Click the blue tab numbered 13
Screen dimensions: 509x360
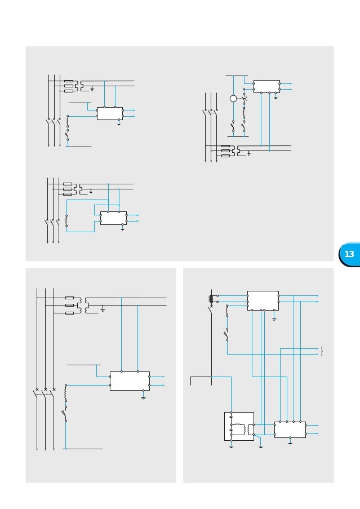[x=349, y=254]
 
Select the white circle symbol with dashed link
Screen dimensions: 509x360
[x=233, y=99]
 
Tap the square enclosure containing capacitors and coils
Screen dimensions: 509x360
[x=239, y=426]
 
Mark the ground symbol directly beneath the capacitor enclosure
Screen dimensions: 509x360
[x=232, y=446]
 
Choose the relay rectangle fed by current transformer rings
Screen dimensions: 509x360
[x=263, y=300]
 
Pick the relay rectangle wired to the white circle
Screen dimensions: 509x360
[x=266, y=86]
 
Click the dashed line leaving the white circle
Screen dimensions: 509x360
[x=240, y=99]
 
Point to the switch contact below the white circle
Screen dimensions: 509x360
[x=233, y=125]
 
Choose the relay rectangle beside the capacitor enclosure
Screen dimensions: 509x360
[x=290, y=430]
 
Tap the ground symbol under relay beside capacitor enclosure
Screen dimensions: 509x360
[x=290, y=442]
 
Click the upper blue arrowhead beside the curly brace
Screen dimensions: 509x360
[x=317, y=348]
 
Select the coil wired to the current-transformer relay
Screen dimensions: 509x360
[x=227, y=311]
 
